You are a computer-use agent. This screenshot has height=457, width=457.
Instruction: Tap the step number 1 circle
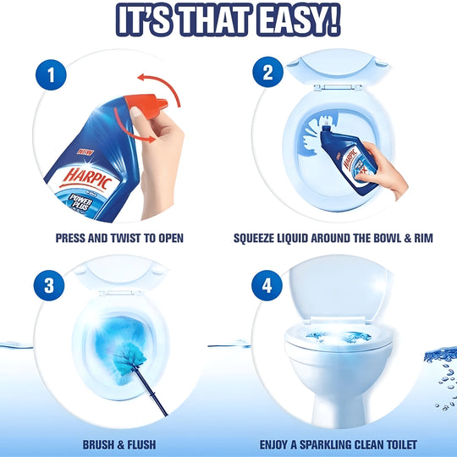(x=52, y=75)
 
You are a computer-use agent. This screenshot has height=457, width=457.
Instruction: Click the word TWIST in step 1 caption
(x=128, y=238)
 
